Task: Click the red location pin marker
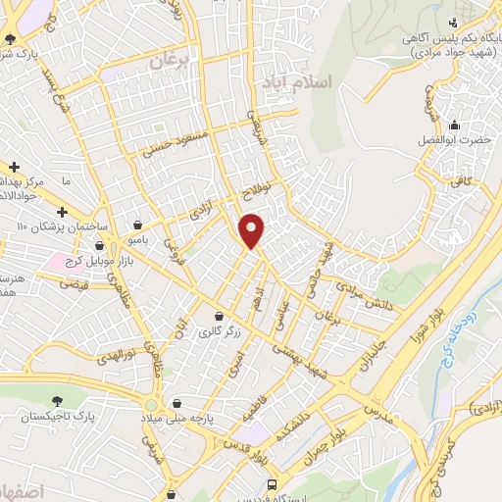[x=252, y=230]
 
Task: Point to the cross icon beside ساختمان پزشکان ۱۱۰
[x=62, y=212]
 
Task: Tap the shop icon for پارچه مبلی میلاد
[x=176, y=401]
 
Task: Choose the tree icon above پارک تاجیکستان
[x=60, y=400]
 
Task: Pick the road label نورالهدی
[x=115, y=354]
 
